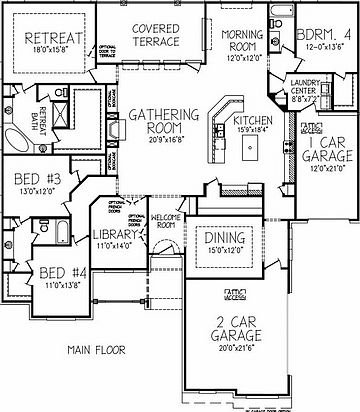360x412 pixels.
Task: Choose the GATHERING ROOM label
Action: click(163, 124)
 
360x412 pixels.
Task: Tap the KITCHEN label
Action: click(254, 120)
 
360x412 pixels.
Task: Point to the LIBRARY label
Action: click(115, 235)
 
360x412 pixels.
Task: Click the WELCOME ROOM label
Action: click(163, 220)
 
